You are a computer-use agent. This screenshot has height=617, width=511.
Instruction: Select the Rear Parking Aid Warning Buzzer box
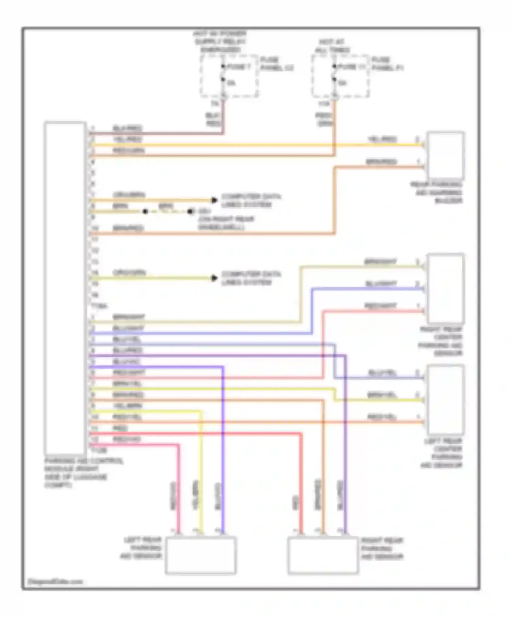coord(446,155)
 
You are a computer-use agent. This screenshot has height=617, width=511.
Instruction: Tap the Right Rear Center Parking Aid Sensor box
coord(446,288)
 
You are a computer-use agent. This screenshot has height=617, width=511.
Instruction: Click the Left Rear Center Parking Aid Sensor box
coord(446,400)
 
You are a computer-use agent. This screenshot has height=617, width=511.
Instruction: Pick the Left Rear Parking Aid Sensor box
coord(201,556)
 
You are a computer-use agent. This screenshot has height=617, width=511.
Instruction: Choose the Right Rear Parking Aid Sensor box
coord(323,556)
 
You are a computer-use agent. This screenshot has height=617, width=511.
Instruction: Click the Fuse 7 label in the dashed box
coord(238,67)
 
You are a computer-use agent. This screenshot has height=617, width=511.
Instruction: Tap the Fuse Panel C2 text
coord(276,64)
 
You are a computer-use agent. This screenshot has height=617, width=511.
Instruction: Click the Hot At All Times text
coord(332,46)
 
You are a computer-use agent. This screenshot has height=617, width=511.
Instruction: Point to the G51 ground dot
coord(190,212)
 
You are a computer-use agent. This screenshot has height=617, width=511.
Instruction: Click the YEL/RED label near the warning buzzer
coord(382,139)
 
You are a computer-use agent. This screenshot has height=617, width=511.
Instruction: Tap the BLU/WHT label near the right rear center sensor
coord(381,284)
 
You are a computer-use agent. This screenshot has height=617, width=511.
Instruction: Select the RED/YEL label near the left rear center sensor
coord(382,417)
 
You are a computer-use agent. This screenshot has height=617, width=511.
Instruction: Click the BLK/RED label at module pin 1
coord(127,129)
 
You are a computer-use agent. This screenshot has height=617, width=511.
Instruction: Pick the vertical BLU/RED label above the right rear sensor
coord(340,495)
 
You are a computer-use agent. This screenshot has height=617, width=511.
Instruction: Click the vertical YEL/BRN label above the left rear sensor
coord(196,495)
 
